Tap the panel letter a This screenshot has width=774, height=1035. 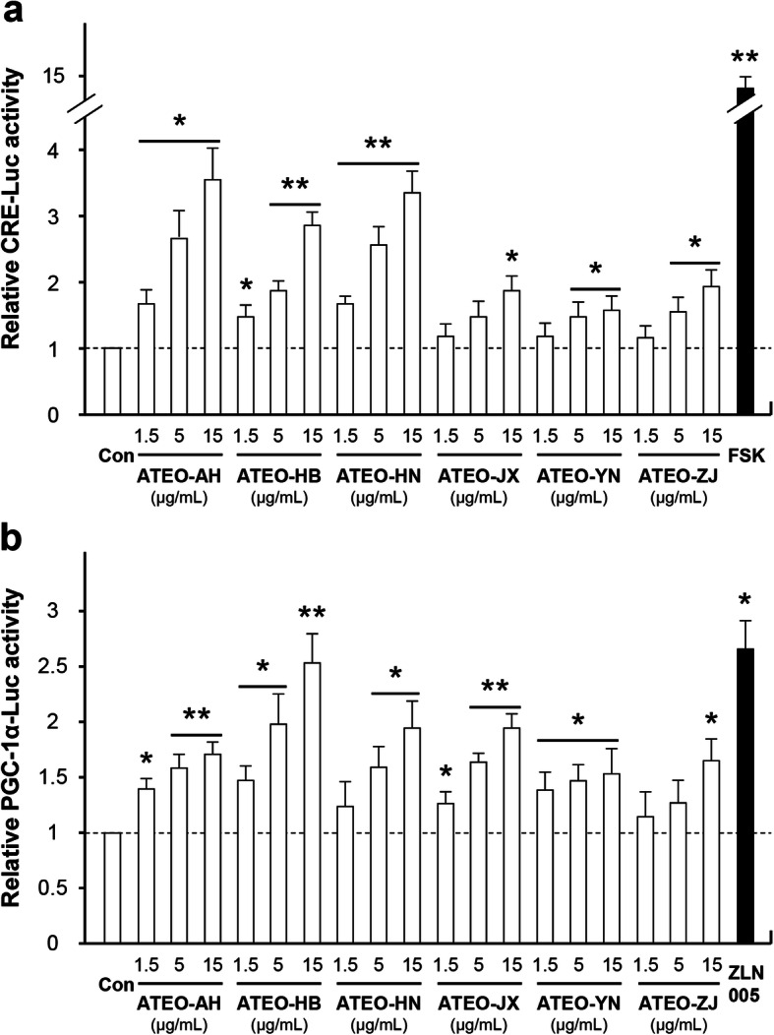(15, 15)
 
